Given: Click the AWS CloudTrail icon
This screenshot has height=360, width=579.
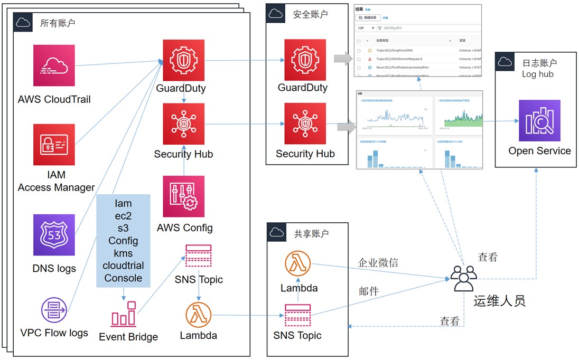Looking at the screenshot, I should [54, 65].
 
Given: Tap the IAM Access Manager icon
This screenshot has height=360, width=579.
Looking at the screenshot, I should [54, 145].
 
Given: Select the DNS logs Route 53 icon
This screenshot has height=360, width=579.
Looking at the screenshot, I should [54, 235].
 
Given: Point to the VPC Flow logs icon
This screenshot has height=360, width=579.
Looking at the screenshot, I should [53, 311].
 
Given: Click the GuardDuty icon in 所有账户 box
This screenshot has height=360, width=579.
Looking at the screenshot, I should [183, 60].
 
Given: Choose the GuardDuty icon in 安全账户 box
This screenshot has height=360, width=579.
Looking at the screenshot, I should [305, 59].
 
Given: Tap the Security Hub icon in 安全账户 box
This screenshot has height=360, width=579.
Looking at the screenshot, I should [305, 124].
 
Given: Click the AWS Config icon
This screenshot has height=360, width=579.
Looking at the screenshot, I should [183, 196].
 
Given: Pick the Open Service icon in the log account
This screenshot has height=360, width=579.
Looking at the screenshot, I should [539, 120].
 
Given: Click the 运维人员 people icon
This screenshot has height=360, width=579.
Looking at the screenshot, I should [463, 277].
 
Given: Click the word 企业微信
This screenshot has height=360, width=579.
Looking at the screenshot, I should [378, 262].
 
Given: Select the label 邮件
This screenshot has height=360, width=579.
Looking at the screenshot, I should [368, 291].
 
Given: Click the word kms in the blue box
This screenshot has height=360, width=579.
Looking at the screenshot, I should [123, 253].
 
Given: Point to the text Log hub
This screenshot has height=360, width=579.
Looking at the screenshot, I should [537, 74].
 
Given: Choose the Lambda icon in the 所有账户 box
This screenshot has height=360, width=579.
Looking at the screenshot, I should [198, 315].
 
